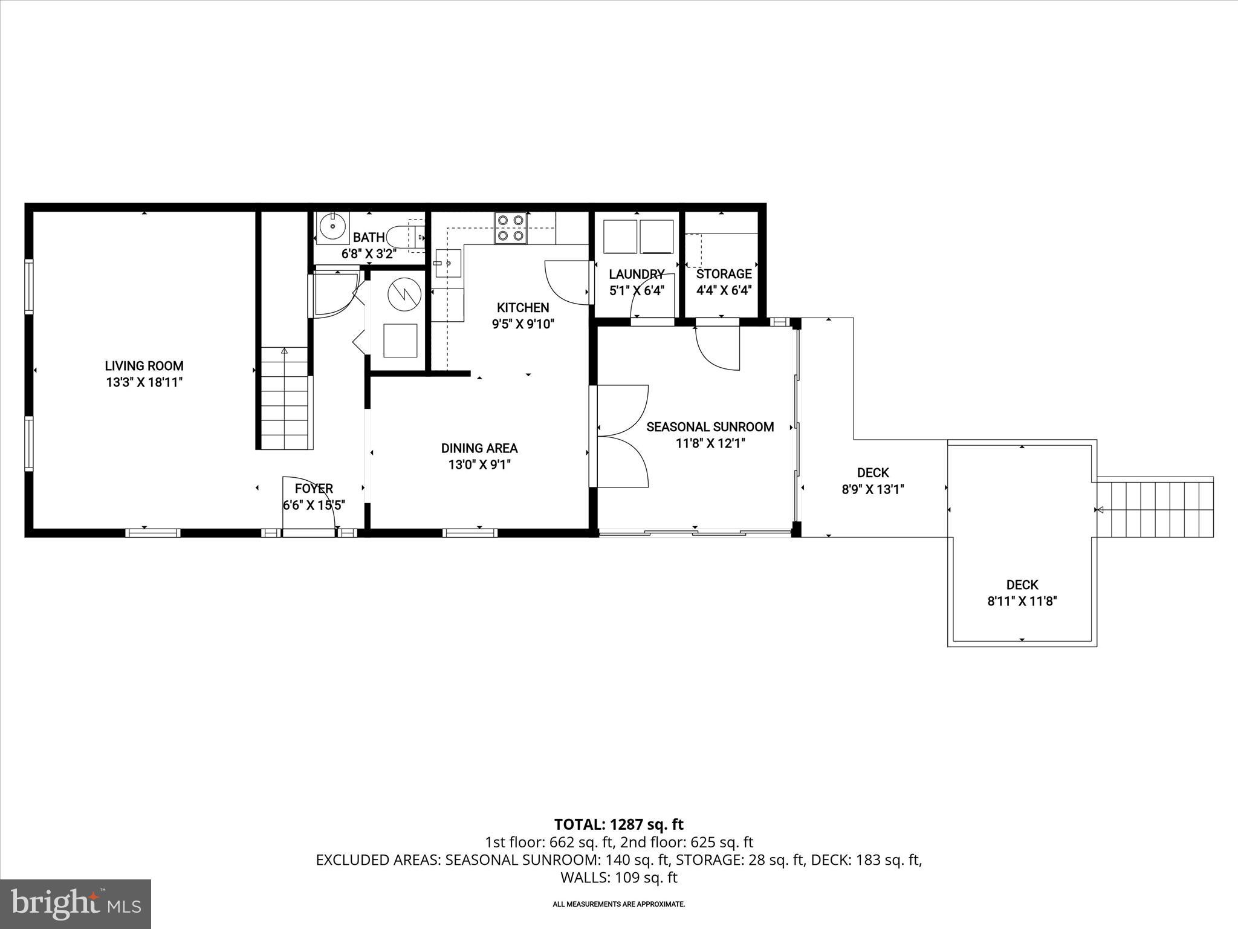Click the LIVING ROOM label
coord(144,366)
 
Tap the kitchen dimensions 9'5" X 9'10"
coord(523,324)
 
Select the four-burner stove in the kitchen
coord(511,228)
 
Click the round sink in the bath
coord(332,227)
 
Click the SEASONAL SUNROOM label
coord(710,427)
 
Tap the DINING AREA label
coord(479,448)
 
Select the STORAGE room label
coord(724,274)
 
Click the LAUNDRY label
coord(637,275)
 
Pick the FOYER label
coord(314,489)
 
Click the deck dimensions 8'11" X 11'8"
coord(1022,601)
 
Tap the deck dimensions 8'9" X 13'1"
coord(872,489)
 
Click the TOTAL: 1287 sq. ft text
coord(618,824)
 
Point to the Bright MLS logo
coord(75,904)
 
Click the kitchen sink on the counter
coord(447,263)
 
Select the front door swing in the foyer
coord(308,502)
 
